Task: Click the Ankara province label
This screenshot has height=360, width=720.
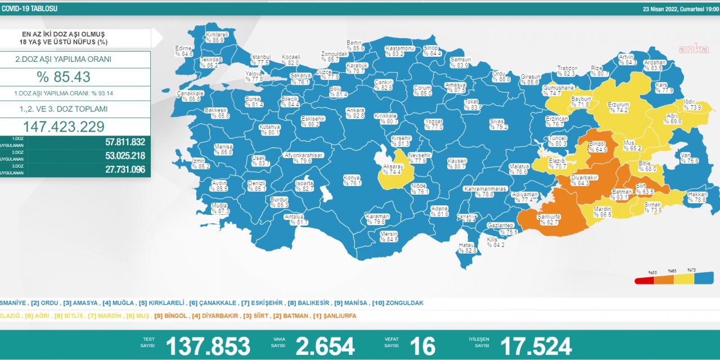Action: point(355,113)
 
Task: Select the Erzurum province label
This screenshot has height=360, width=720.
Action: point(618,107)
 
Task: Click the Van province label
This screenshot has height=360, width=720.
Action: point(689,157)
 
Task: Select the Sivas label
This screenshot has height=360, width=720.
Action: point(498,124)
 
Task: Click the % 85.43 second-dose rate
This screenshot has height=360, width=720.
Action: point(64,77)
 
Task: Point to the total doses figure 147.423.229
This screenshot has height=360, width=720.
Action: point(64,127)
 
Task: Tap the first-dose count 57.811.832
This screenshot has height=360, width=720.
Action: point(125,142)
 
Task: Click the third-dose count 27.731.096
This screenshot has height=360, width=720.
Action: point(125,169)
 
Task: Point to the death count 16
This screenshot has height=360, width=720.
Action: point(423,346)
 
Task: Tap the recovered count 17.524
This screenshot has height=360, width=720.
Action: point(535,346)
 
